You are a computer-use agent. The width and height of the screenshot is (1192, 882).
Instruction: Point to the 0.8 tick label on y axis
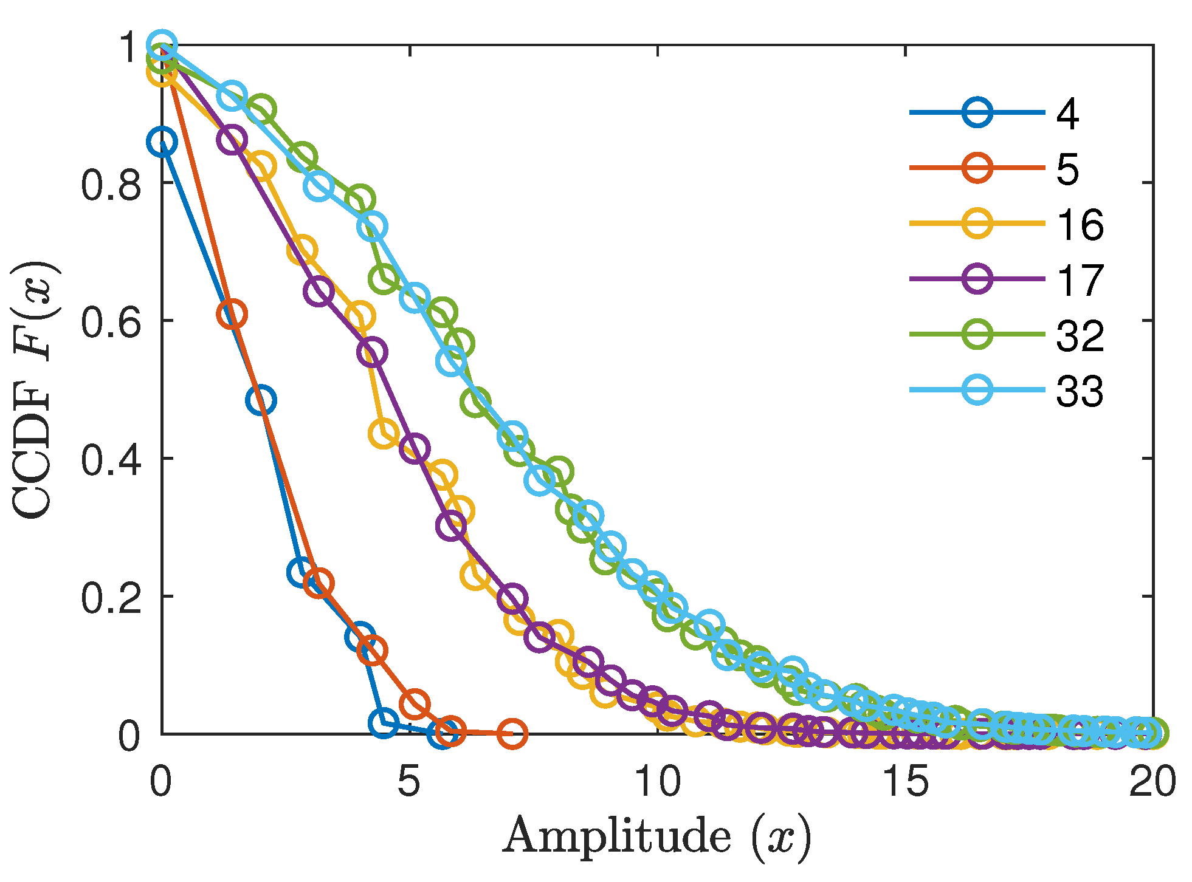111,183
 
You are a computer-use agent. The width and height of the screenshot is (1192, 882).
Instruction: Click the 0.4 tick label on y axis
111,459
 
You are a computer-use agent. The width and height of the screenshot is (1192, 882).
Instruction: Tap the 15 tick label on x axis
905,781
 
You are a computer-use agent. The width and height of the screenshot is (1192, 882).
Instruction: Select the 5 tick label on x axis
409,781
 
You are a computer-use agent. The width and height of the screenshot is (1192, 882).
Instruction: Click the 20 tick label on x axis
1152,781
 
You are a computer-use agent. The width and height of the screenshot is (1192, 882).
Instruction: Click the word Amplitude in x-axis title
617,836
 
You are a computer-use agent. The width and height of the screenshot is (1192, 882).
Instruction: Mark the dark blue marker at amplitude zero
162,142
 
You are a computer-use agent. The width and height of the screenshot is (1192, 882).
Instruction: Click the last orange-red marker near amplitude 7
512,734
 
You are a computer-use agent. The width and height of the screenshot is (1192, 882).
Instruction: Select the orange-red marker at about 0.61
232,314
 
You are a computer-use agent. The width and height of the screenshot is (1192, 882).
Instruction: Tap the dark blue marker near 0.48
261,400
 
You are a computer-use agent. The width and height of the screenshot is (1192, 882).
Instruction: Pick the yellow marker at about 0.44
384,433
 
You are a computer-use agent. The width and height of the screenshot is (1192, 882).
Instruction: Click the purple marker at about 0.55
372,352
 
